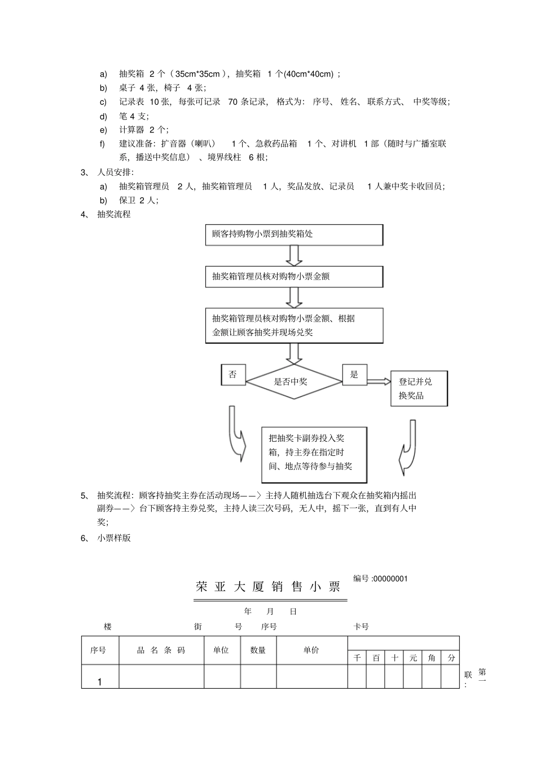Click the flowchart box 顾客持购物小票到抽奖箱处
(x=293, y=234)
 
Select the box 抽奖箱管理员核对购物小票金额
(x=293, y=277)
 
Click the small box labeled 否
(x=233, y=375)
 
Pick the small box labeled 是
(x=354, y=375)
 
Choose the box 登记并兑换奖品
(x=419, y=388)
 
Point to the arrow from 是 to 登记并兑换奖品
(x=379, y=382)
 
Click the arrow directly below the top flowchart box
(x=293, y=255)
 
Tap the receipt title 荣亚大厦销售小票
(x=269, y=587)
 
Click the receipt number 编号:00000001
(x=380, y=578)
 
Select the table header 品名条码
(x=161, y=650)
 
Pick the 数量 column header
(x=258, y=650)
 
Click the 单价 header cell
(x=311, y=650)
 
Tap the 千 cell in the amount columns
(x=357, y=658)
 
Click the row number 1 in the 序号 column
(x=100, y=682)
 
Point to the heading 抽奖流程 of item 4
(x=114, y=214)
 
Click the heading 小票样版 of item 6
(x=114, y=538)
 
